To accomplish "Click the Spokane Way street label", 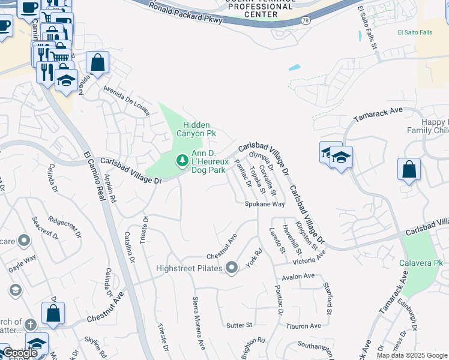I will click(264, 204).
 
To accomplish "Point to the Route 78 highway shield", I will click(306, 21).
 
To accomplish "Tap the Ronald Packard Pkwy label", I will click(185, 13).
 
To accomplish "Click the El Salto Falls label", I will click(415, 32).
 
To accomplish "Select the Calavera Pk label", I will click(421, 263).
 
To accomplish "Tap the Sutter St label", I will click(239, 325).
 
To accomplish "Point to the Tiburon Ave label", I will click(304, 326).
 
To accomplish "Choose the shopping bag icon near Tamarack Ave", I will click(409, 170).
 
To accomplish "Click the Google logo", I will click(19, 353).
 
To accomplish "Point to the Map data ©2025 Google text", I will click(411, 355).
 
